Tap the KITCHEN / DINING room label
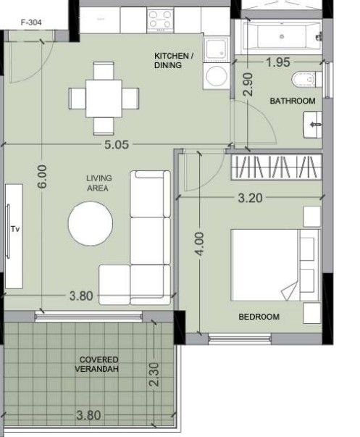tap(175, 60)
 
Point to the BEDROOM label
tap(259, 317)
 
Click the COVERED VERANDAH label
tap(99, 365)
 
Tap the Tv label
tap(14, 228)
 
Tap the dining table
tap(104, 97)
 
